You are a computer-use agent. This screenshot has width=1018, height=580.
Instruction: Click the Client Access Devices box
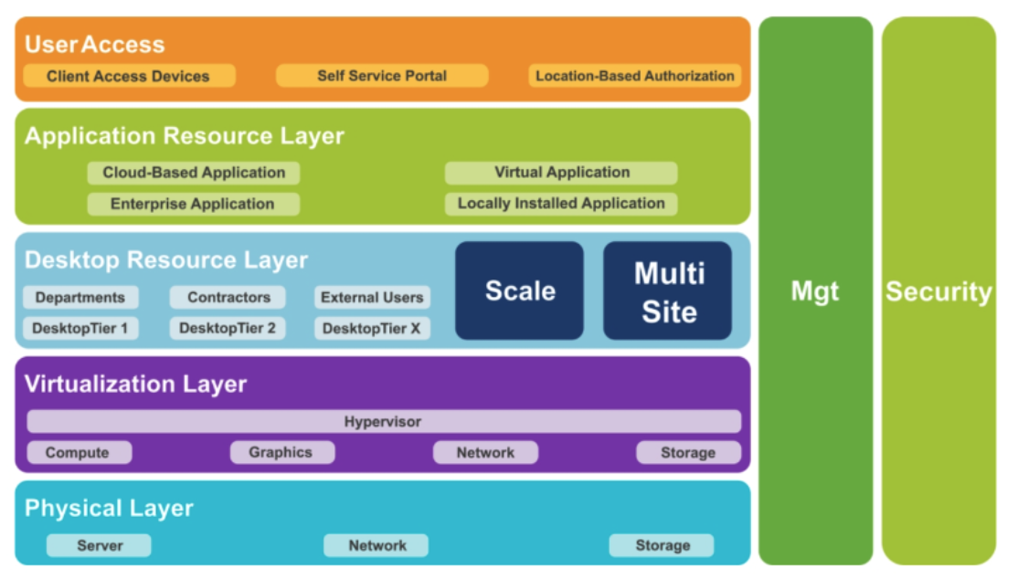(x=129, y=76)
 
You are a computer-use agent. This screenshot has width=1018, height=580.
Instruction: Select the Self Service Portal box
(x=382, y=76)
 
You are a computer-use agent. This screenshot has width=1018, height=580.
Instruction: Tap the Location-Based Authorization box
(x=635, y=76)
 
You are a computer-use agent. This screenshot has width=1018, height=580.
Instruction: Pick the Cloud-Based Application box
(x=194, y=173)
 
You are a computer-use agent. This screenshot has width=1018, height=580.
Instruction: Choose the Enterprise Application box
(x=193, y=204)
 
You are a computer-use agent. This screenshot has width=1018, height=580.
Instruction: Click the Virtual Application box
(x=561, y=173)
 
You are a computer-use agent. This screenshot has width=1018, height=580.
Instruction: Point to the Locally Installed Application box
(x=561, y=204)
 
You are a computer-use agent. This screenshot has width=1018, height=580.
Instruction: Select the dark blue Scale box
(x=519, y=290)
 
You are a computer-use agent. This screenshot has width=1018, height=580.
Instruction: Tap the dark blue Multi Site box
(x=668, y=290)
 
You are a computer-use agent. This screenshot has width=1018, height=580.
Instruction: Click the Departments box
(x=80, y=297)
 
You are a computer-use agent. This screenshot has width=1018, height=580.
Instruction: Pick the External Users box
(x=372, y=297)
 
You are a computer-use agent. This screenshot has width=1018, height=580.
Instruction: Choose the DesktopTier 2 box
(x=227, y=328)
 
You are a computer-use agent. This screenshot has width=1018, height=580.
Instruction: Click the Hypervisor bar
(x=383, y=421)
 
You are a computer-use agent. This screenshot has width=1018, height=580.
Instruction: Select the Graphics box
(x=281, y=452)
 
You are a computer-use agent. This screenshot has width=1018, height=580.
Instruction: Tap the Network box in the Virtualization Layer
(x=485, y=452)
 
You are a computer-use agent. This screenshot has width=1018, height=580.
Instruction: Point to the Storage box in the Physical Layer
(x=662, y=545)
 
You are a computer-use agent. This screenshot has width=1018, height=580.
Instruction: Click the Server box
(x=99, y=545)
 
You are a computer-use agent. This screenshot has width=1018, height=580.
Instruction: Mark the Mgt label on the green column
(x=815, y=291)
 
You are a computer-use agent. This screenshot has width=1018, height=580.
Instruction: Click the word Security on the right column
(x=938, y=291)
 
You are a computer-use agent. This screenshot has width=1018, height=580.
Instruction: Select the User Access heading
(x=94, y=44)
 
